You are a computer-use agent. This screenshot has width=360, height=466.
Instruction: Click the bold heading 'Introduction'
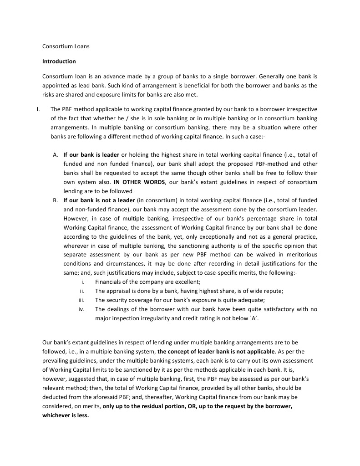59,61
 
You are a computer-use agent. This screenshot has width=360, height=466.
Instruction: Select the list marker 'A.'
55,154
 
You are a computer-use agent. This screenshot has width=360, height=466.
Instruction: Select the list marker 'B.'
55,200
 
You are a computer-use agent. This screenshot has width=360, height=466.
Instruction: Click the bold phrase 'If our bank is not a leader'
99,200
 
